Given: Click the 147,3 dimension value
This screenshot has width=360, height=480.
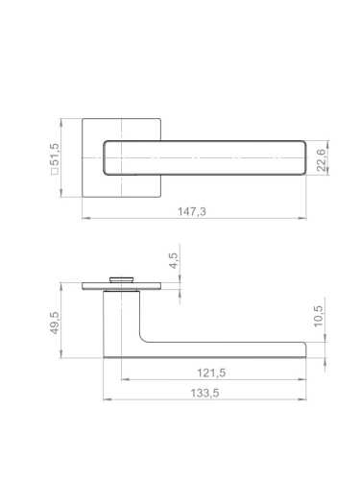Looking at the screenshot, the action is coord(192,211).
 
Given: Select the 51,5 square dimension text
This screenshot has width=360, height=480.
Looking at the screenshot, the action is coord(55,155).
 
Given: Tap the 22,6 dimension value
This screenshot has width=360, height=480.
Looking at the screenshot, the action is coord(321,159).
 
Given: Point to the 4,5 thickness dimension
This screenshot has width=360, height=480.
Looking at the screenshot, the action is coord(173,260).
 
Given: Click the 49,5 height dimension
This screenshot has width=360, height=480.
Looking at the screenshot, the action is coord(55,324).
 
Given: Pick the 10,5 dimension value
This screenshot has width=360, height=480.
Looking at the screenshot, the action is coord(319,317).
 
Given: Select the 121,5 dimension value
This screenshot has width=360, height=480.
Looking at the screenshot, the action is coord(211,372).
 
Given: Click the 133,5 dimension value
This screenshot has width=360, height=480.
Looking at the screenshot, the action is coord(204,393).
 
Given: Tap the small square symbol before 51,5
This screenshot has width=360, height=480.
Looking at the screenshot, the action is coord(55,172).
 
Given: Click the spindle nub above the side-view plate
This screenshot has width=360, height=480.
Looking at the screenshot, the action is coord(121,279).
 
